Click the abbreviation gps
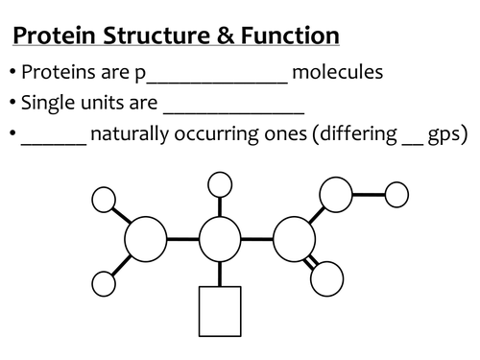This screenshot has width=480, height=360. click(445, 135)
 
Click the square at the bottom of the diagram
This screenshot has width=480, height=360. click(220, 311)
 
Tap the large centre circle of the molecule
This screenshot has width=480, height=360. click(220, 238)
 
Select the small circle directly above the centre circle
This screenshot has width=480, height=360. click(220, 183)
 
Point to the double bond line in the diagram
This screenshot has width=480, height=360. click(310, 260)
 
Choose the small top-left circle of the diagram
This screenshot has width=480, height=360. click(104, 200)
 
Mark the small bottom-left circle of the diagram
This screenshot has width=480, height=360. click(104, 283)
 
